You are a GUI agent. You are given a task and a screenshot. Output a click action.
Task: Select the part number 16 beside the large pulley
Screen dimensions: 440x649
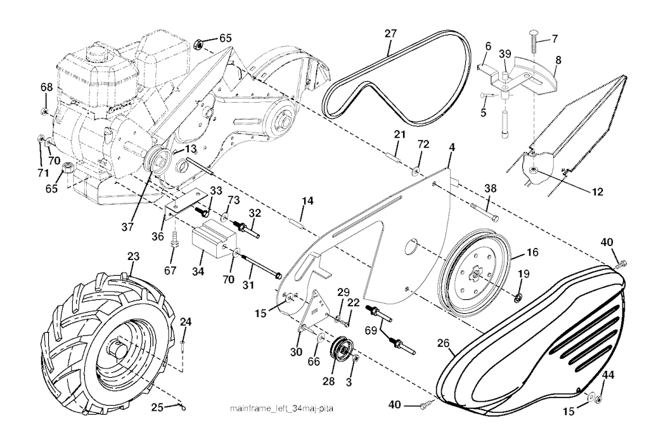[532, 253]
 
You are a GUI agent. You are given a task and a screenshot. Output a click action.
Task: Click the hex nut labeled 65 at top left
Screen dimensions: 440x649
[197, 44]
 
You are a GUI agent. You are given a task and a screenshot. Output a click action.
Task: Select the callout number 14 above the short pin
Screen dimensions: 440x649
[307, 202]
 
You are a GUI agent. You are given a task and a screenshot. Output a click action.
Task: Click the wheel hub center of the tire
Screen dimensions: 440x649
[118, 347]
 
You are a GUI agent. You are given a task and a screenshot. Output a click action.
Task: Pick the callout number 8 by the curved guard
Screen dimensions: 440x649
[558, 60]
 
